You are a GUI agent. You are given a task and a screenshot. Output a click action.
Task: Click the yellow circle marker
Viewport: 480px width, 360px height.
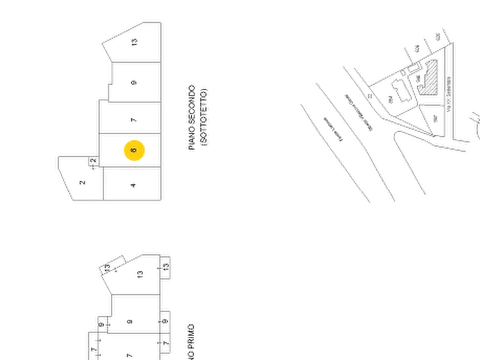click(x=133, y=150)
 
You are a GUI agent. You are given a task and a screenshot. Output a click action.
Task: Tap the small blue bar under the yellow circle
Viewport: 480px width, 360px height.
click(x=134, y=164)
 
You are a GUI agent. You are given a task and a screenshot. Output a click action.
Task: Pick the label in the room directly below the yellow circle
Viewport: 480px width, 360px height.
click(x=133, y=185)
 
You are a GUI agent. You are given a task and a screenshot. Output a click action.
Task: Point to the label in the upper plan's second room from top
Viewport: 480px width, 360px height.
click(x=134, y=83)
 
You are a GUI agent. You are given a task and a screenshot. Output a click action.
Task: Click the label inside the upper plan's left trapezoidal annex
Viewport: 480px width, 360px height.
click(x=83, y=183)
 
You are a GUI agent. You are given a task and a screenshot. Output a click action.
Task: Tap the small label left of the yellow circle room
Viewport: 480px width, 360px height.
click(x=92, y=161)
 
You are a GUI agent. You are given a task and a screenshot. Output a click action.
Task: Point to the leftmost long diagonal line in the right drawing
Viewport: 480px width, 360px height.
click(x=333, y=150)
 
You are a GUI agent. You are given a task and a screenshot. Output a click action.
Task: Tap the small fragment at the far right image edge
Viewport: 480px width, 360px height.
click(x=475, y=124)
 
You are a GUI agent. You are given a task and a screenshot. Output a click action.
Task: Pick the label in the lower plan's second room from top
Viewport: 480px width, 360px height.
click(x=129, y=322)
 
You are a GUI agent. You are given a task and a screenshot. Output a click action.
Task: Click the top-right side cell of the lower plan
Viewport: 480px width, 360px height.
click(x=168, y=267)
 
